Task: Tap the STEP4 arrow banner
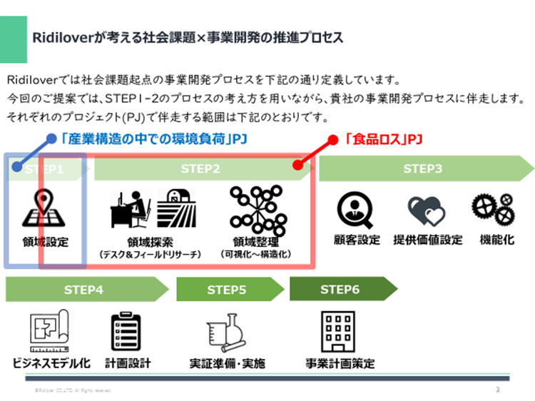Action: coord(83,290)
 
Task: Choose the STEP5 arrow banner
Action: coord(227,290)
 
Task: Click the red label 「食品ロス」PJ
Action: coord(382,139)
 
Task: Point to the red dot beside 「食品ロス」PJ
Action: coord(332,140)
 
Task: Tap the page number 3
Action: coord(497,390)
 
